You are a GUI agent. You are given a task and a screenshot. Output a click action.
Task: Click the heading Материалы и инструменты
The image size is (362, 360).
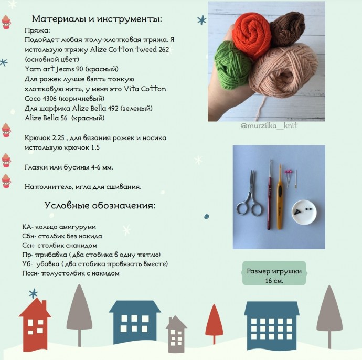point(97,19)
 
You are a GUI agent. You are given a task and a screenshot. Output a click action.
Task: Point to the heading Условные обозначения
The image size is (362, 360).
point(100,205)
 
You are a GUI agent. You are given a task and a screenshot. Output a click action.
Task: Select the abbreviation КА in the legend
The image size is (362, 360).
point(28,227)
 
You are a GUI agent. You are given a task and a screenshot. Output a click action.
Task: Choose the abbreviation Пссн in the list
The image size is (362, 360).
point(30,273)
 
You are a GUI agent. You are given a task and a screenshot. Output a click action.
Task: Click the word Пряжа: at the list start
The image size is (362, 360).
point(36,31)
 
